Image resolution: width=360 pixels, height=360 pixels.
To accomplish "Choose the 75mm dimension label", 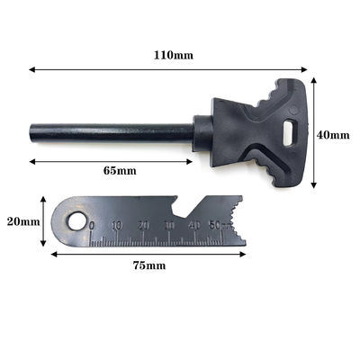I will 150,265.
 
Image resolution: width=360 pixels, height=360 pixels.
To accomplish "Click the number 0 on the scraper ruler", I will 93,226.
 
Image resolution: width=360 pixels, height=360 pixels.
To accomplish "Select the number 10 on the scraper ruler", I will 118,225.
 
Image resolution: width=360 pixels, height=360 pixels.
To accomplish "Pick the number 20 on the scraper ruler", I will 144,225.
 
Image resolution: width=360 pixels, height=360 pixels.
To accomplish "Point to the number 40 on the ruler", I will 194,225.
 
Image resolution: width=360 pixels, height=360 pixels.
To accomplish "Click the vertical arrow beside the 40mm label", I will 313,135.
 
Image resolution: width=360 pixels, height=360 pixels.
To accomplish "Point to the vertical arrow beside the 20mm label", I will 42,220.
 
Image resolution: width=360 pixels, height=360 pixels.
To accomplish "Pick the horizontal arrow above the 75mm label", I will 148,254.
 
